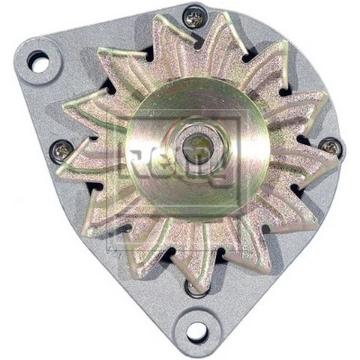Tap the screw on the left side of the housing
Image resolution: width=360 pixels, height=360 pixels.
61,150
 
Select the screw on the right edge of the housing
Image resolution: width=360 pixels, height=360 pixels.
331,146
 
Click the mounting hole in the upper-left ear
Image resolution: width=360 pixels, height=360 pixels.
38,62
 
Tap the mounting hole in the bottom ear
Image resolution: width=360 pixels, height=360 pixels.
196,330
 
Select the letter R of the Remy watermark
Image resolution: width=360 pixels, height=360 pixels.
135,161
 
